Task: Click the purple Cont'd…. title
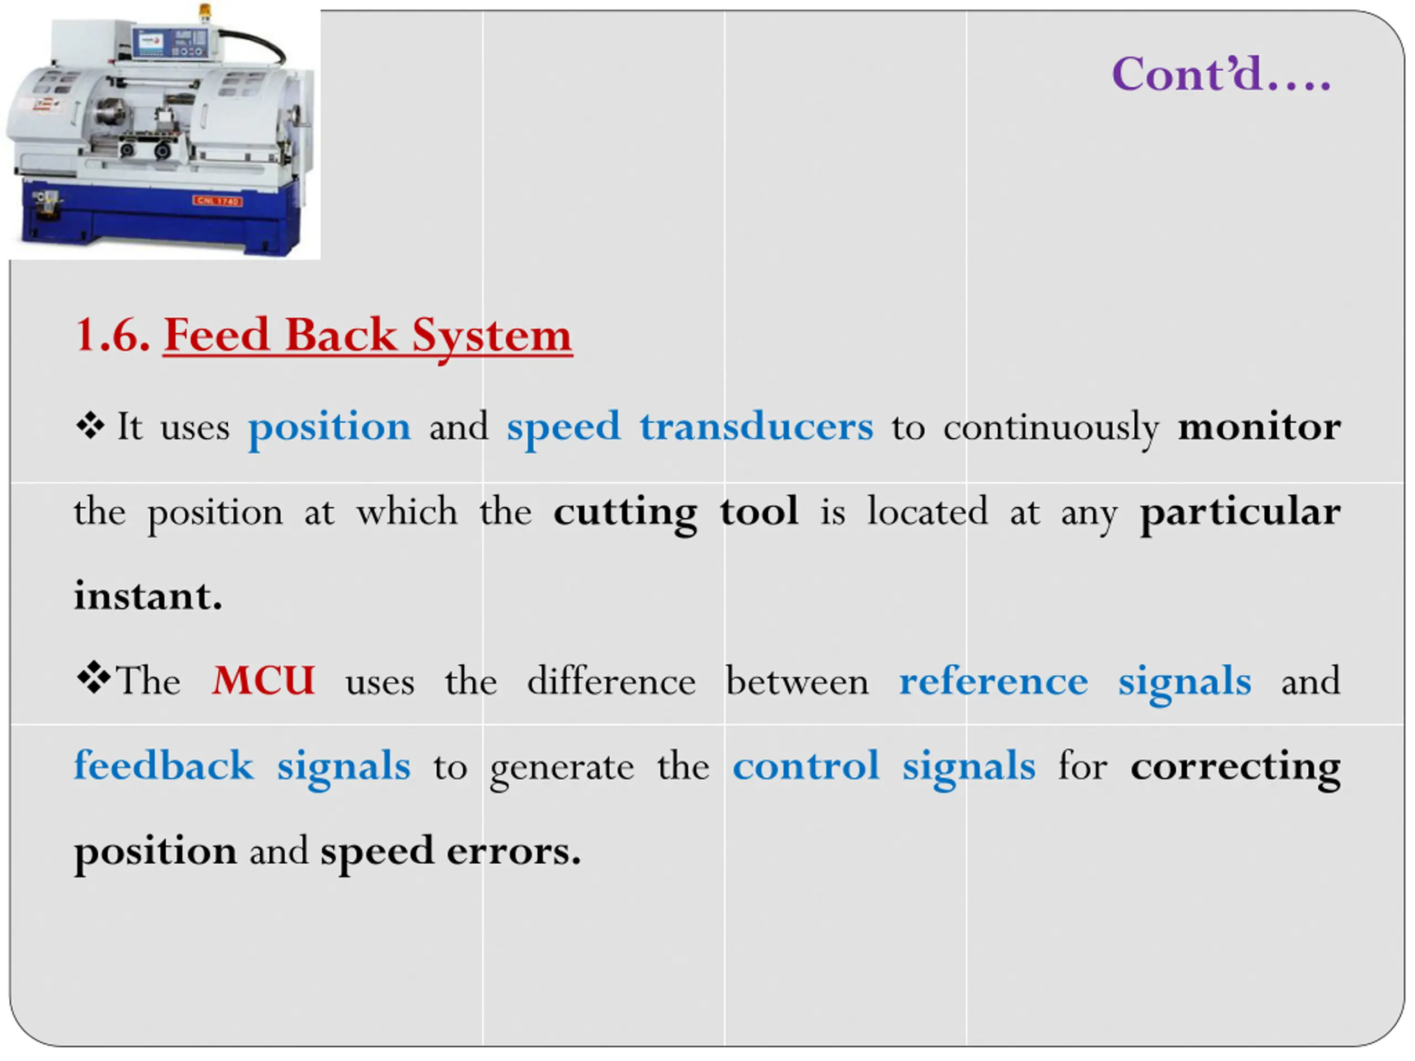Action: pyautogui.click(x=1220, y=75)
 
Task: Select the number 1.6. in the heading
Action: pyautogui.click(x=113, y=334)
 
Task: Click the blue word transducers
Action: pyautogui.click(x=756, y=427)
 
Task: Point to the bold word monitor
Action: pyautogui.click(x=1259, y=427)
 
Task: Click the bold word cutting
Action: pyautogui.click(x=625, y=512)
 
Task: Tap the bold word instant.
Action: pyautogui.click(x=148, y=597)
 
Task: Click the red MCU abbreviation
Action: pyautogui.click(x=264, y=680)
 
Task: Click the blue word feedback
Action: pyautogui.click(x=164, y=765)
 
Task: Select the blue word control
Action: pyautogui.click(x=805, y=765)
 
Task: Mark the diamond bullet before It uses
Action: pyautogui.click(x=90, y=426)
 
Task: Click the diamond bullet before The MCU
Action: pyautogui.click(x=93, y=678)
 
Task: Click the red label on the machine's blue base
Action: pyautogui.click(x=217, y=201)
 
